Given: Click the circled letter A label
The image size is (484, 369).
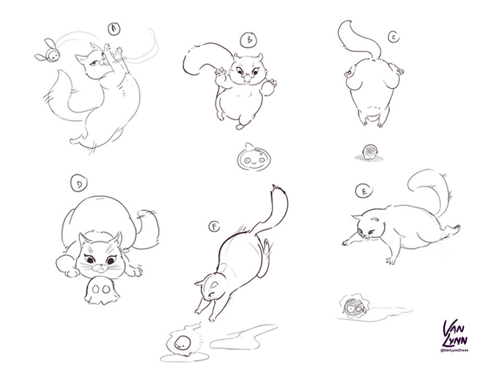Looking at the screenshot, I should pyautogui.click(x=113, y=29).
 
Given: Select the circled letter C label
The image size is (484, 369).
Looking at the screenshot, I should pyautogui.click(x=393, y=37).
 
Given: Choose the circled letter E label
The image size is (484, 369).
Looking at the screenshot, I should pyautogui.click(x=363, y=191).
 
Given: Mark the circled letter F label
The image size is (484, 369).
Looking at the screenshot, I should pyautogui.click(x=214, y=226).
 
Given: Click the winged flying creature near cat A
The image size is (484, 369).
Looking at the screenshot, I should pyautogui.click(x=44, y=51).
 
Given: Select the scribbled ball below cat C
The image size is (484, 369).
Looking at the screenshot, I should pyautogui.click(x=369, y=152).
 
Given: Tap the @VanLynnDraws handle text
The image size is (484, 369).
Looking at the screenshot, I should pyautogui.click(x=454, y=350).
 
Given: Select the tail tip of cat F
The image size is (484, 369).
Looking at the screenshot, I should pyautogui.click(x=275, y=188).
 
